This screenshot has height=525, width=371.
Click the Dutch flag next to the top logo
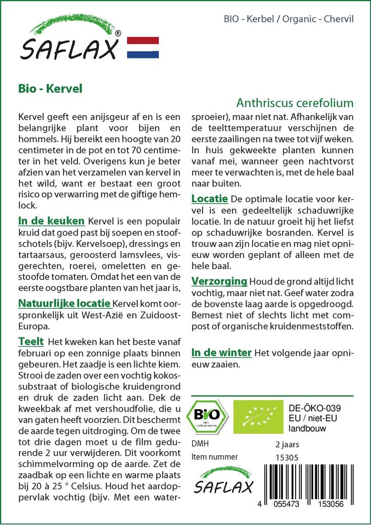pos(142,47)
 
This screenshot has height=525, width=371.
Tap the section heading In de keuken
pos(51,221)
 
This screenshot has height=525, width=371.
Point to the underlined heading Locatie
pos(210,199)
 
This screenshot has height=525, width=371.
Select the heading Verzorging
pos(219,281)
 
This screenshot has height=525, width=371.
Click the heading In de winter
pos(221,352)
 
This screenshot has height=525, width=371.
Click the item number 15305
pos(286,457)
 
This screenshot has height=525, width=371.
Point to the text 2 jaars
pos(287,444)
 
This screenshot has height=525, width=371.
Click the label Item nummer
pos(214,457)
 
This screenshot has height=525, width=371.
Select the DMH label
pos(200,444)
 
